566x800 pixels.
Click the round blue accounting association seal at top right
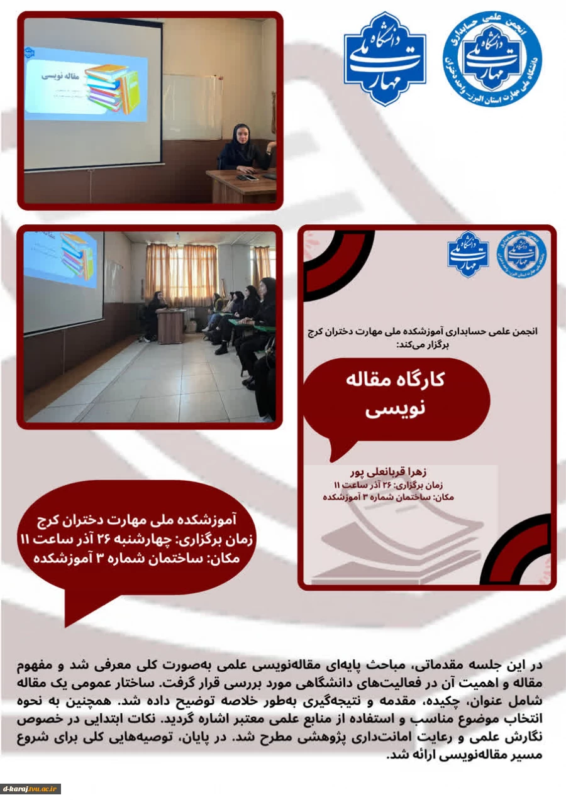coord(492,59)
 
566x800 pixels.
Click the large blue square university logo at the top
coord(384,59)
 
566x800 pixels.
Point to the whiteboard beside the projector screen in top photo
coord(187,107)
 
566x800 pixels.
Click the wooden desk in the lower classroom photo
coord(171,326)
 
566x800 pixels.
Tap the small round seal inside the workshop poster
coord(521,255)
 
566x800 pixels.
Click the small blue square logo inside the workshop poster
coord(468,254)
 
